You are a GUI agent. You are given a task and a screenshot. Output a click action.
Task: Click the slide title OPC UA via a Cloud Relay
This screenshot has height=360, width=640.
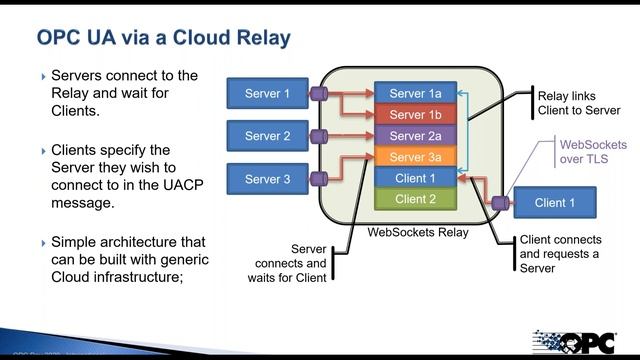pyautogui.click(x=163, y=38)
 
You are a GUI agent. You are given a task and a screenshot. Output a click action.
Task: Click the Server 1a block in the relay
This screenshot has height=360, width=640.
pyautogui.click(x=415, y=94)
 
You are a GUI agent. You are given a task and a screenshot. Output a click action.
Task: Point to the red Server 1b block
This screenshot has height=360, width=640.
pyautogui.click(x=415, y=115)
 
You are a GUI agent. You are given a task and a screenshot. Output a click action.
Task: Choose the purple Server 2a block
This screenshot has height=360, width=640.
pyautogui.click(x=415, y=136)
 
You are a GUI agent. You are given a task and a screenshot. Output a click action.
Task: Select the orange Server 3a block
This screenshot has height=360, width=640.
pyautogui.click(x=415, y=157)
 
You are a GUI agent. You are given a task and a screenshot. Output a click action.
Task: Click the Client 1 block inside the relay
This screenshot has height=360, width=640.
pyautogui.click(x=415, y=178)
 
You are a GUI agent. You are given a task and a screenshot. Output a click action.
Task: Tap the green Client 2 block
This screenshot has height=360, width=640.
pyautogui.click(x=415, y=199)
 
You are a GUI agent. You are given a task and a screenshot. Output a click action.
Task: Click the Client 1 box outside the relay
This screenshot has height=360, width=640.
pyautogui.click(x=555, y=203)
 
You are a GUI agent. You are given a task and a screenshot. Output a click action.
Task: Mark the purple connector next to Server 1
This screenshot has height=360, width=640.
pyautogui.click(x=317, y=95)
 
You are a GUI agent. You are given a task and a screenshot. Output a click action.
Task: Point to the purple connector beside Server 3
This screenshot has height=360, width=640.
pyautogui.click(x=317, y=180)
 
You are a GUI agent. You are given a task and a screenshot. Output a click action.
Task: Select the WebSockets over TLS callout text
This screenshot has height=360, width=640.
pyautogui.click(x=583, y=152)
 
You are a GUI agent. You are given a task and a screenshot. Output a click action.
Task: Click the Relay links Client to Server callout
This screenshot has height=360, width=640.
pyautogui.click(x=579, y=103)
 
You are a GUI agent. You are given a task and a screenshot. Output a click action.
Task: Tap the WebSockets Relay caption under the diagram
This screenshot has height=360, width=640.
pyautogui.click(x=417, y=232)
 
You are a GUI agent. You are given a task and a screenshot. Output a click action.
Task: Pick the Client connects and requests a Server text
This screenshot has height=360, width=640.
pyautogui.click(x=561, y=254)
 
